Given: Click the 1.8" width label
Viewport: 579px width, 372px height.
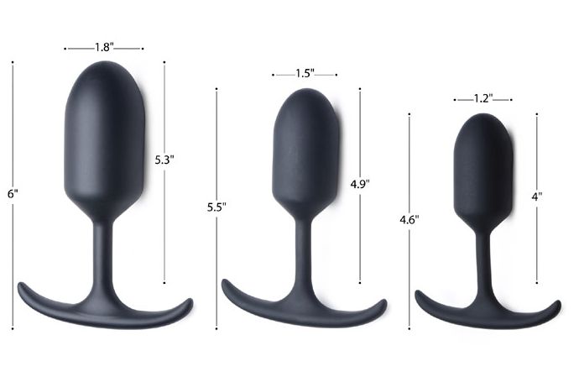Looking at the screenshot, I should [104, 48].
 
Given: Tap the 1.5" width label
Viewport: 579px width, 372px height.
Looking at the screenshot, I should [305, 74].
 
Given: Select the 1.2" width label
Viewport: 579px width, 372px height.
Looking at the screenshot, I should [482, 98].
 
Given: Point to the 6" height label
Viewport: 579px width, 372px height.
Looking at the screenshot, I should [13, 194].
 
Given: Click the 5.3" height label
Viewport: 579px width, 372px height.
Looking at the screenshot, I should [164, 158].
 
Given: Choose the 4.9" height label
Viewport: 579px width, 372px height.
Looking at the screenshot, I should [360, 182].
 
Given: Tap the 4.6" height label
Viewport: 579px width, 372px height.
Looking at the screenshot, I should [409, 220].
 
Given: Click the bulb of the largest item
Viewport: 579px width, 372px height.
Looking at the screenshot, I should [104, 134].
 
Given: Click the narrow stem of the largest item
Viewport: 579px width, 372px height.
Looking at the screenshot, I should [102, 252].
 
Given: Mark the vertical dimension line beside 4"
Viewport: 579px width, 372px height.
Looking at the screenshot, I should [537, 244].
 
